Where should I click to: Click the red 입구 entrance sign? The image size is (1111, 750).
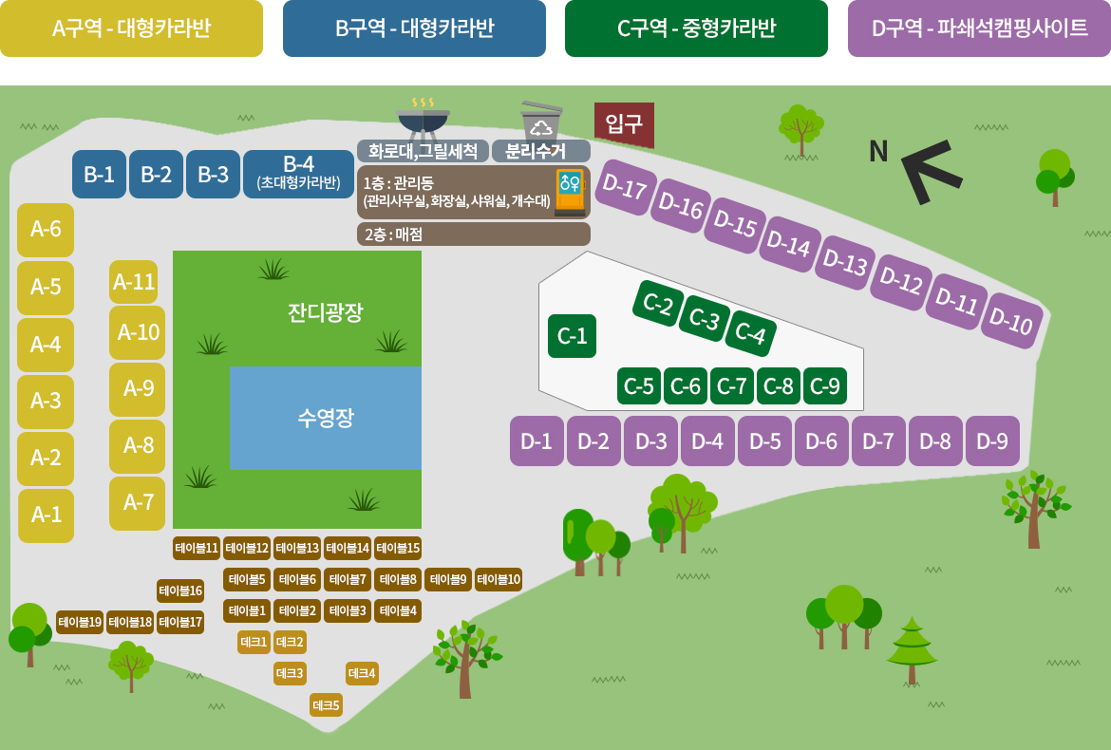click(x=624, y=124)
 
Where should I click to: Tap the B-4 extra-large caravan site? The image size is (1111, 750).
click(x=298, y=175)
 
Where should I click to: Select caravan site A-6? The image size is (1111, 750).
click(x=46, y=230)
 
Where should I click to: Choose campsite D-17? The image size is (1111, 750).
click(x=624, y=187)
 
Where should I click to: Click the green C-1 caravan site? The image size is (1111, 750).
click(x=572, y=336)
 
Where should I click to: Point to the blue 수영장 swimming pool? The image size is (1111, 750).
click(x=325, y=418)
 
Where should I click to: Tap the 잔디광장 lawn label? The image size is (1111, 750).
click(x=325, y=312)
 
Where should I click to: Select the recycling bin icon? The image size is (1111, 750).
click(x=541, y=121)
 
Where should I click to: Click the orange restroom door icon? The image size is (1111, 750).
click(x=571, y=191)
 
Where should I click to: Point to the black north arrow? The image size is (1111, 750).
click(x=932, y=172)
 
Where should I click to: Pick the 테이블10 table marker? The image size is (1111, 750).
click(x=499, y=579)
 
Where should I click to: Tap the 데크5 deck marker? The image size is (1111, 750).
click(x=326, y=705)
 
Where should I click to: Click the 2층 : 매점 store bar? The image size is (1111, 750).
click(x=473, y=234)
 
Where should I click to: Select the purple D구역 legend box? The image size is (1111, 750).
click(x=979, y=28)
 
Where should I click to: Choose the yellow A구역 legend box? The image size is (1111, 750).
click(x=131, y=28)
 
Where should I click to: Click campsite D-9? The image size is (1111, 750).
click(x=992, y=441)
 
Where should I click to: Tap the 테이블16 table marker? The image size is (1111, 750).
click(x=180, y=591)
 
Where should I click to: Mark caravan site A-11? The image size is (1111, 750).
click(x=134, y=282)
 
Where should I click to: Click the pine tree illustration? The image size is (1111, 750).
click(x=912, y=650)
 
